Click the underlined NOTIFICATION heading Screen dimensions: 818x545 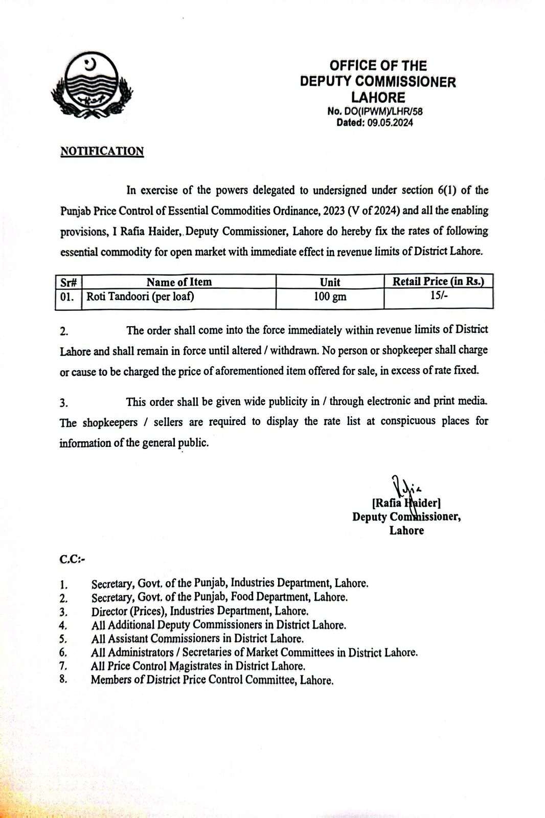pyautogui.click(x=102, y=151)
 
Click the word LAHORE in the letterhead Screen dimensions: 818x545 pyautogui.click(x=378, y=98)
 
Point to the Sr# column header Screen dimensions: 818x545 pyautogui.click(x=69, y=282)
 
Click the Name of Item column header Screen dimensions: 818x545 pyautogui.click(x=179, y=282)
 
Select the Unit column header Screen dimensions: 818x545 pyautogui.click(x=330, y=282)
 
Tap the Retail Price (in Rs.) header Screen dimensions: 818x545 pyautogui.click(x=438, y=281)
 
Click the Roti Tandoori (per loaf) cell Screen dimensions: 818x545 pyautogui.click(x=140, y=297)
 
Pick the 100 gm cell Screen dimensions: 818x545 pyautogui.click(x=330, y=297)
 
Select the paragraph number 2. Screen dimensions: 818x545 pyautogui.click(x=64, y=331)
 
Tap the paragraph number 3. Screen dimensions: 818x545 pyautogui.click(x=64, y=403)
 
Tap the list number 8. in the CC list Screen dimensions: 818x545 pyautogui.click(x=63, y=680)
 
